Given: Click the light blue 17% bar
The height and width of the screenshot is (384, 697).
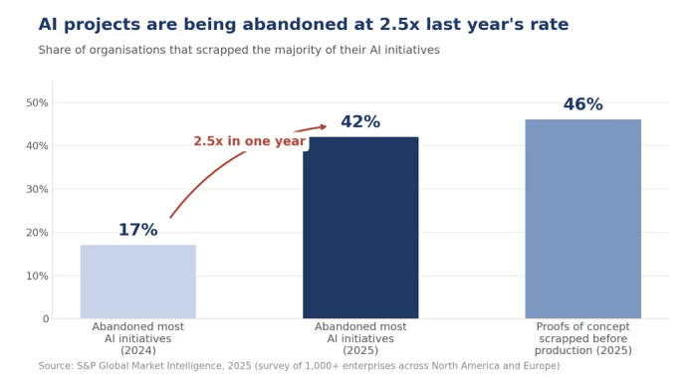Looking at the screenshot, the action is pyautogui.click(x=137, y=282).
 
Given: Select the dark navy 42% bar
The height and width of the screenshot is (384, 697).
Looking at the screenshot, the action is pyautogui.click(x=360, y=227).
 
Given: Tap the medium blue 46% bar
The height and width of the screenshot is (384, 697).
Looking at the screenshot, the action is pyautogui.click(x=582, y=219).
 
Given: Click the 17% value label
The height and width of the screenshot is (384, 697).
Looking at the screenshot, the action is pyautogui.click(x=137, y=230).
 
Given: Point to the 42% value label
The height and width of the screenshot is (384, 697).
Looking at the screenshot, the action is pyautogui.click(x=360, y=121).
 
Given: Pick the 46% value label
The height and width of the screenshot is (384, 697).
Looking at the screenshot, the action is pyautogui.click(x=582, y=104).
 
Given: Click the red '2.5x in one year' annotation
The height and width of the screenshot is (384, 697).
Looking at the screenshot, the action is pyautogui.click(x=249, y=141).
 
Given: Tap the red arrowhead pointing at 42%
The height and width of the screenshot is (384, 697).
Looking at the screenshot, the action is pyautogui.click(x=323, y=127).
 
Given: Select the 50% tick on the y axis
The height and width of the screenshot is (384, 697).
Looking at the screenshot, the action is pyautogui.click(x=37, y=103).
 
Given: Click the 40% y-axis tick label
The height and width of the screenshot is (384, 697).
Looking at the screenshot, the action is pyautogui.click(x=37, y=146).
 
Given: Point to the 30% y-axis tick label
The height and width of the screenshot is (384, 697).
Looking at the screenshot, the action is pyautogui.click(x=37, y=190).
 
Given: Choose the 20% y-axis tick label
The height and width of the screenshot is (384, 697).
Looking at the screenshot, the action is pyautogui.click(x=37, y=233).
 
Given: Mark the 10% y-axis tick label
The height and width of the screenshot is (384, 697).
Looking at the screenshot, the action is pyautogui.click(x=37, y=277).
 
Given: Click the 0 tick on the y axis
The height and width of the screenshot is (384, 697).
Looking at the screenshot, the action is pyautogui.click(x=46, y=319).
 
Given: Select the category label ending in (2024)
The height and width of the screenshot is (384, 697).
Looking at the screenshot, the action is pyautogui.click(x=137, y=338).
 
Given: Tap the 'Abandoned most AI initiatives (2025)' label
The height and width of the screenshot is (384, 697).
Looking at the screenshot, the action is pyautogui.click(x=360, y=338).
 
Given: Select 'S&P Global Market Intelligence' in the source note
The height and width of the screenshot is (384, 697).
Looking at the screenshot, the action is pyautogui.click(x=149, y=366).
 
